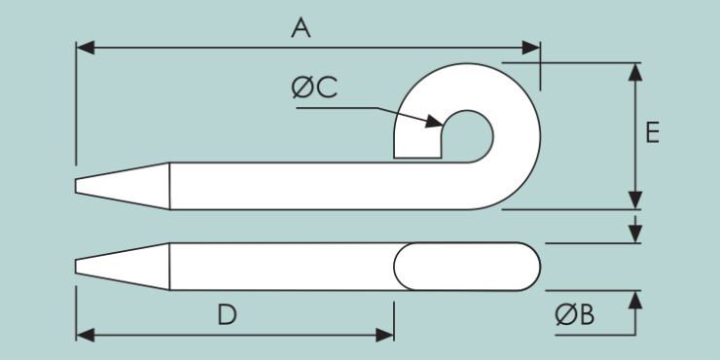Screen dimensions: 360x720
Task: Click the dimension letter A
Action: [x=301, y=29]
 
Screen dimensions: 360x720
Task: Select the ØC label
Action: [x=314, y=89]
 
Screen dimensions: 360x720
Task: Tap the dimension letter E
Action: [x=652, y=133]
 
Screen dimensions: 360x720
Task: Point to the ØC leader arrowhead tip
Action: [x=442, y=123]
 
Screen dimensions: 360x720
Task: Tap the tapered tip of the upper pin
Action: [x=79, y=185]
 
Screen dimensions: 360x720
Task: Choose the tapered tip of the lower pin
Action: [x=79, y=266]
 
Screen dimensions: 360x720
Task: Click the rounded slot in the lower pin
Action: [x=466, y=266]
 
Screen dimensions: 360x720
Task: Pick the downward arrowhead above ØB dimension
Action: [x=635, y=235]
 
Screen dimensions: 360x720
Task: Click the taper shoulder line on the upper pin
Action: [x=170, y=185]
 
